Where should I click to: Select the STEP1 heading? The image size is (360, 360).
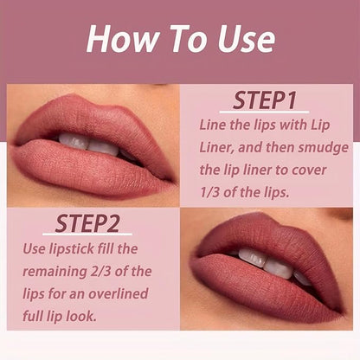tap(265, 100)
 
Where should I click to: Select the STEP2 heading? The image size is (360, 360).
tap(87, 223)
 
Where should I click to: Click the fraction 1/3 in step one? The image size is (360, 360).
tap(209, 192)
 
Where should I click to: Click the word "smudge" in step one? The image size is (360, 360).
tap(324, 148)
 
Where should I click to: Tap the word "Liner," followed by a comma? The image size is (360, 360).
tap(216, 147)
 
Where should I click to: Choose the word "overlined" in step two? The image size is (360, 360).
tap(119, 293)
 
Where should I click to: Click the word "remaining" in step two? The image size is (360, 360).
tap(55, 272)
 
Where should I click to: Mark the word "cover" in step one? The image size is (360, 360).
tap(309, 170)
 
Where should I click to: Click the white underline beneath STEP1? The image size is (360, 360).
tap(264, 112)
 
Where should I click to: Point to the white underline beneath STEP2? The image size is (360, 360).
tap(87, 234)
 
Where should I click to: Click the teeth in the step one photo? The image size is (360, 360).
tap(89, 144)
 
